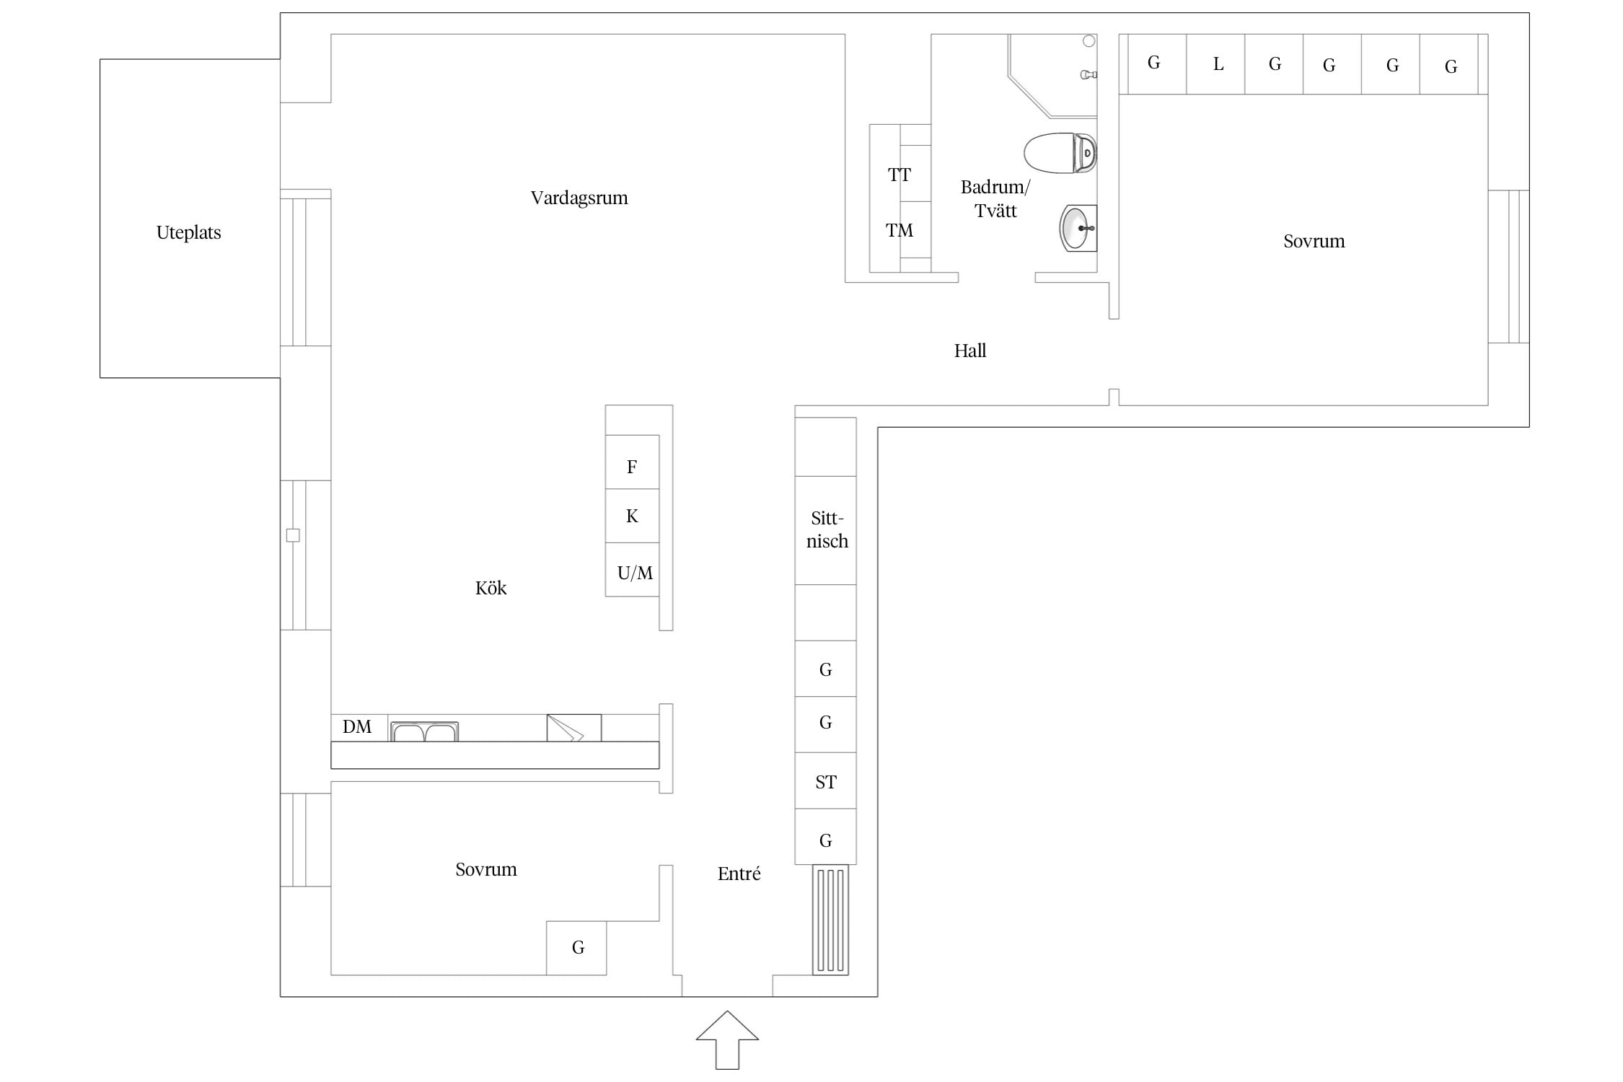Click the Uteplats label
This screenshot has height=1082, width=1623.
188,232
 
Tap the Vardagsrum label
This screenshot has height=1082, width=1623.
579,198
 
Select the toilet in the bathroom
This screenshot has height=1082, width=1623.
1060,153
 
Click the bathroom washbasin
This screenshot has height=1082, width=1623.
1078,228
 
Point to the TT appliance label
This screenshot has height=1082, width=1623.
900,175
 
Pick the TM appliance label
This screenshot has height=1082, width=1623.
900,230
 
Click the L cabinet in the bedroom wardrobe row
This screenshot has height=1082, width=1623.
1216,64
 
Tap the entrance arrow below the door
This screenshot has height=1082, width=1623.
727,1039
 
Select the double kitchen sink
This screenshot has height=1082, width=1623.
424,731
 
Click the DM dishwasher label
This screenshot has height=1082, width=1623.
357,726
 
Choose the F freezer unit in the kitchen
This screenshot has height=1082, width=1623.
632,462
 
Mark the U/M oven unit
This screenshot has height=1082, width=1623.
632,570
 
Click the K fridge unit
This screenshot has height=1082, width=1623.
632,516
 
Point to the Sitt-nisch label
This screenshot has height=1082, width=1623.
827,529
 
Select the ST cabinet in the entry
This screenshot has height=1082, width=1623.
826,781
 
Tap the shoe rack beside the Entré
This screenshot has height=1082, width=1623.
830,920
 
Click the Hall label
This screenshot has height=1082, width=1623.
970,351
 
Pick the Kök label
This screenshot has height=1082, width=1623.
491,588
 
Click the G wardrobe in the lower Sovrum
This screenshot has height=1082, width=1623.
576,948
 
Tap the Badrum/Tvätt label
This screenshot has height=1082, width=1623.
995,198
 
